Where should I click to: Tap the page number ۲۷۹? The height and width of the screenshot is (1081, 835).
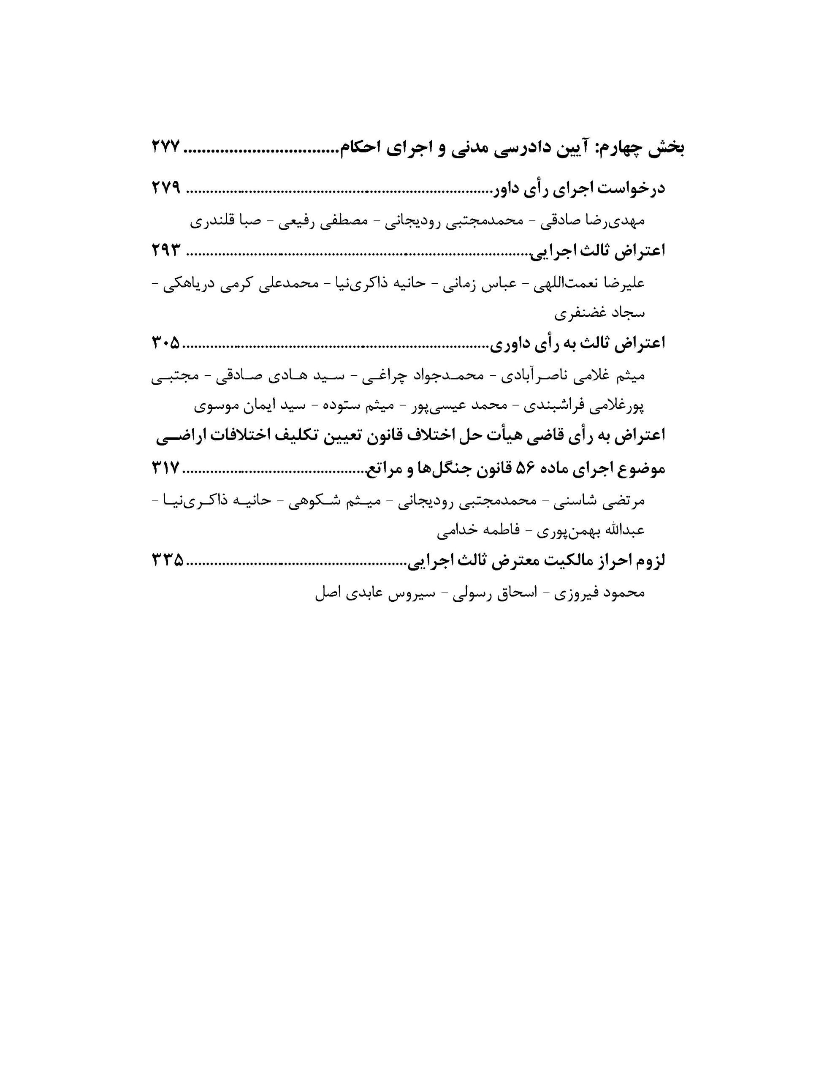[166, 188]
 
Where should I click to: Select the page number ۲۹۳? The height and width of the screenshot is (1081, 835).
[166, 250]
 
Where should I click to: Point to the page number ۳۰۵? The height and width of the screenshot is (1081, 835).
[166, 342]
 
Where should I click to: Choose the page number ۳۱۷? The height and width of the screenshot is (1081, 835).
[166, 468]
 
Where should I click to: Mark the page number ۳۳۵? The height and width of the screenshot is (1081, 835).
[167, 560]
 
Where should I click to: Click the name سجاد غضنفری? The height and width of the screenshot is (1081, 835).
[599, 313]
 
